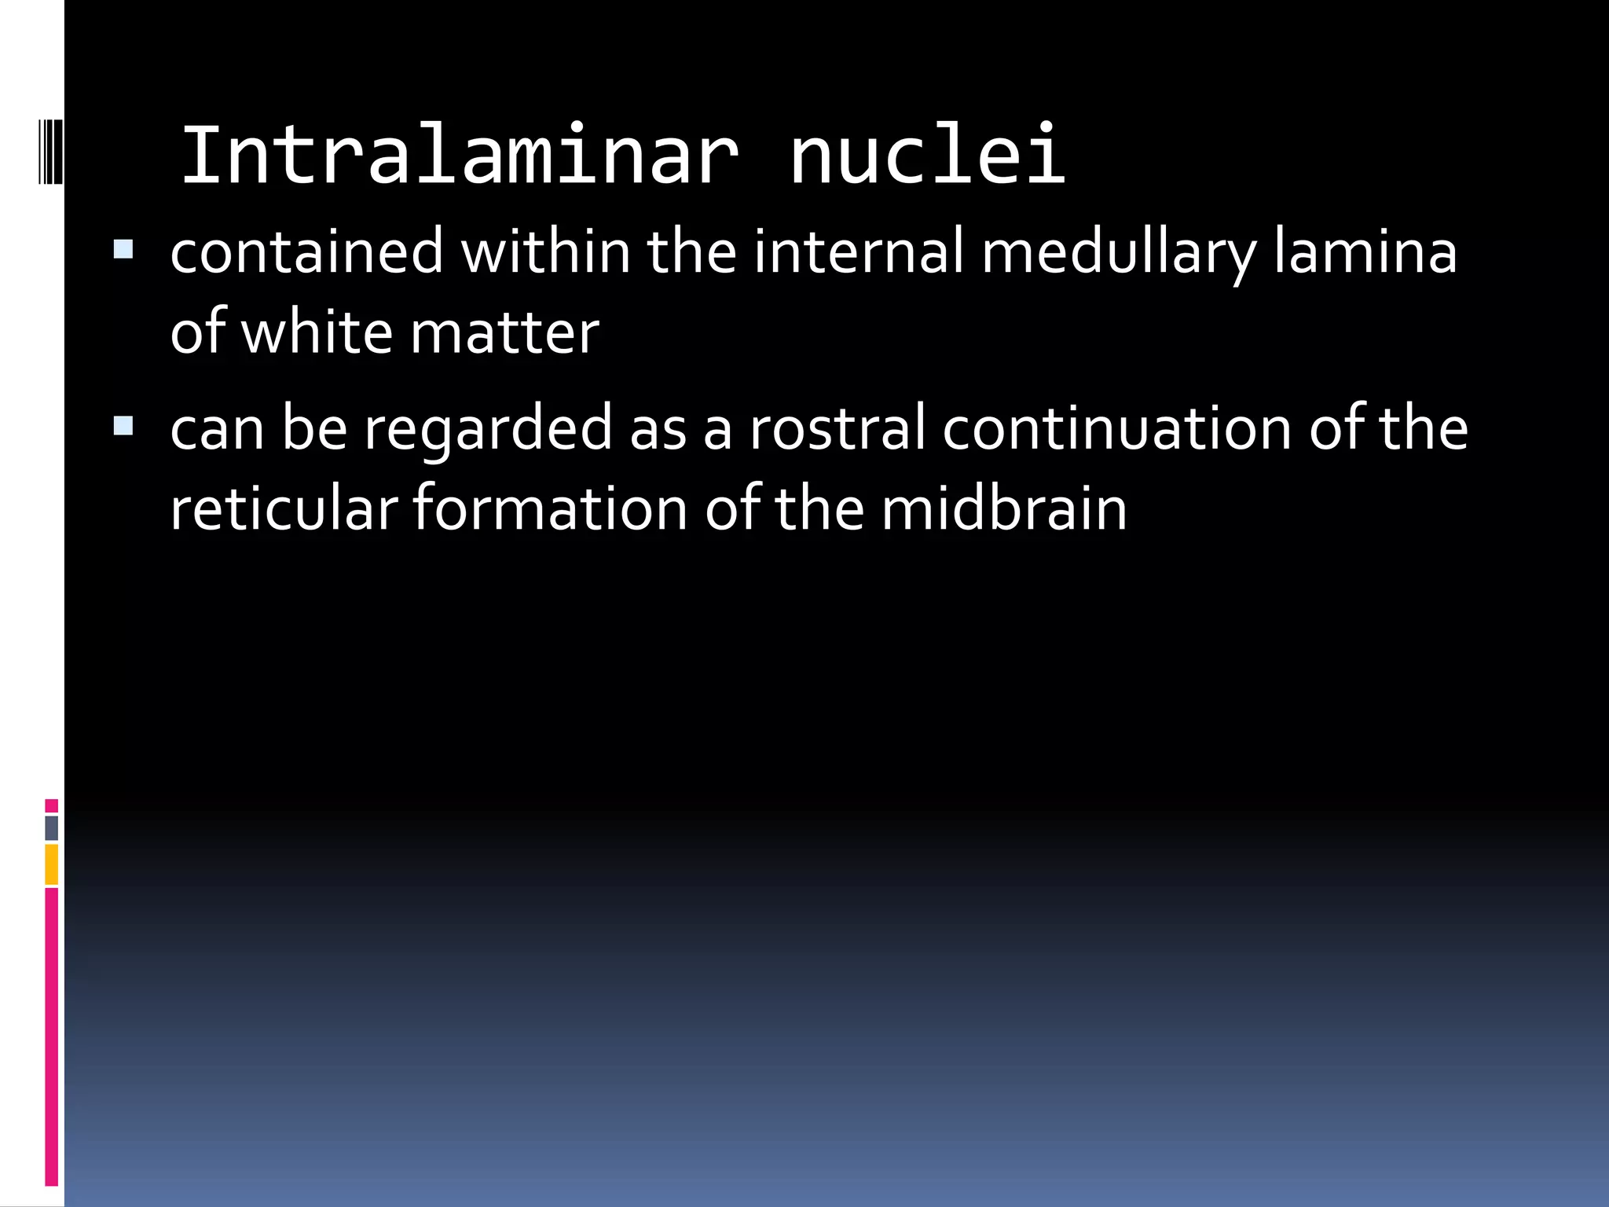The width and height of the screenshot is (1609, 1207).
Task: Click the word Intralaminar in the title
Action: [x=460, y=156]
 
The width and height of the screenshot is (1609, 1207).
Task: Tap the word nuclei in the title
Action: [x=927, y=156]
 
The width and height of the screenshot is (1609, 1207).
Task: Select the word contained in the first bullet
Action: [x=306, y=252]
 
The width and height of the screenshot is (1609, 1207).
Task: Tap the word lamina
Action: [x=1365, y=252]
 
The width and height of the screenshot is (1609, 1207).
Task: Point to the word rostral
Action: [x=837, y=430]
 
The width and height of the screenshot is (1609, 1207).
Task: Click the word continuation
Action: [x=1116, y=430]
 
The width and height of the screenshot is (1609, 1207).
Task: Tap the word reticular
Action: [x=284, y=509]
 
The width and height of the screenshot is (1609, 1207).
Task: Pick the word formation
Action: [x=550, y=509]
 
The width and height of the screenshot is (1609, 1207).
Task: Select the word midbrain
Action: [x=1003, y=509]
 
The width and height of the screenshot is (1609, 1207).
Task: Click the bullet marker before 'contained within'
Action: [x=123, y=250]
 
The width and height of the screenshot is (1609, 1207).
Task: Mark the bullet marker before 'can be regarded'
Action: [x=123, y=427]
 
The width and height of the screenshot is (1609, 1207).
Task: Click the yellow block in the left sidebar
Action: [x=52, y=864]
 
